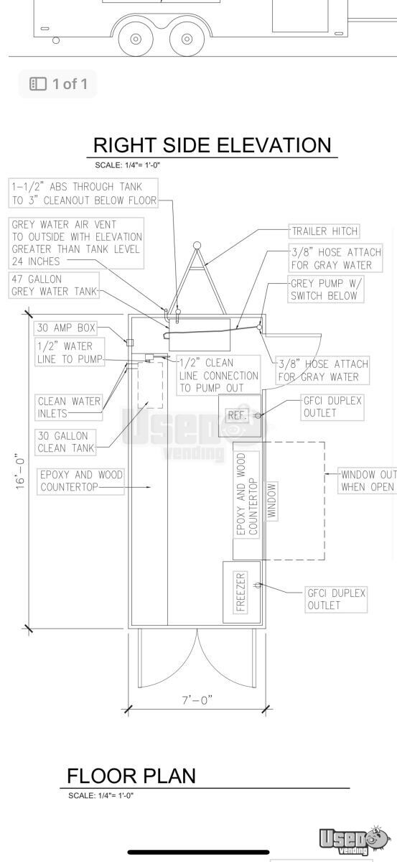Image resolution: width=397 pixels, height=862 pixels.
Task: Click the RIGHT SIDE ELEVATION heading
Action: pyautogui.click(x=212, y=145)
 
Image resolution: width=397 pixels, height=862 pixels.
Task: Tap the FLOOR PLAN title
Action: pyautogui.click(x=131, y=775)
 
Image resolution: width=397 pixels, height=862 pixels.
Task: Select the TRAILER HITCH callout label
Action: pyautogui.click(x=324, y=231)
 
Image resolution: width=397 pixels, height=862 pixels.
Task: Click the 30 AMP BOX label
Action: pyautogui.click(x=66, y=328)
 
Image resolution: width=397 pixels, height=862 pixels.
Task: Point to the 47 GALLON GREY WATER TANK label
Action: pyautogui.click(x=54, y=285)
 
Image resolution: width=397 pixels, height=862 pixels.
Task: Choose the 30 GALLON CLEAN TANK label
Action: pyautogui.click(x=66, y=442)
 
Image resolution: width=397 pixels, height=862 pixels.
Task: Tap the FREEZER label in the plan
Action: pyautogui.click(x=240, y=592)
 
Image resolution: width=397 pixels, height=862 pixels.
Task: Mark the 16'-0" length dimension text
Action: pyautogui.click(x=20, y=473)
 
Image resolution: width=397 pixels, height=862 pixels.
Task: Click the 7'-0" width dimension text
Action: pyautogui.click(x=197, y=700)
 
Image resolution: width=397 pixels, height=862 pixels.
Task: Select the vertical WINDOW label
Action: pyautogui.click(x=271, y=501)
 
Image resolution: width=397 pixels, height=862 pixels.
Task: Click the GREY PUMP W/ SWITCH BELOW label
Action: pyautogui.click(x=325, y=289)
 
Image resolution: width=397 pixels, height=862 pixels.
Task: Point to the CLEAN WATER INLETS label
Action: pyautogui.click(x=69, y=407)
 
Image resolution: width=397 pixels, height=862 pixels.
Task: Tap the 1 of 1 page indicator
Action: pyautogui.click(x=58, y=84)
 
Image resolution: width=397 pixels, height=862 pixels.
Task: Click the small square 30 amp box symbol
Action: pyautogui.click(x=130, y=342)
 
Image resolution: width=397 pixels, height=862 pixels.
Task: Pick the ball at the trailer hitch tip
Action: pyautogui.click(x=197, y=245)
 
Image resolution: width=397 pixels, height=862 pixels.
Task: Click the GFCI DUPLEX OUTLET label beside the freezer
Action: pyautogui.click(x=336, y=599)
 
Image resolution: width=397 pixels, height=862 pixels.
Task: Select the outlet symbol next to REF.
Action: pyautogui.click(x=258, y=415)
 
